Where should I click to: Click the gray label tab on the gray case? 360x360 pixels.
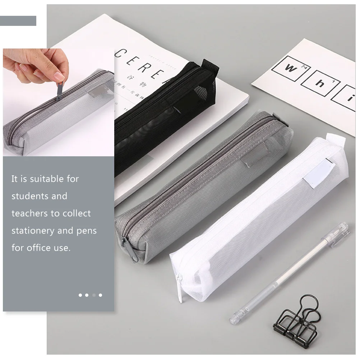click(x=253, y=153)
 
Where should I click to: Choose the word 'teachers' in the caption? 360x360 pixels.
click(x=30, y=213)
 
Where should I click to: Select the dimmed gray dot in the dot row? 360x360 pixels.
click(x=94, y=295)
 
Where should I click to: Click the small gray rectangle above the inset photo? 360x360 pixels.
click(x=18, y=21)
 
